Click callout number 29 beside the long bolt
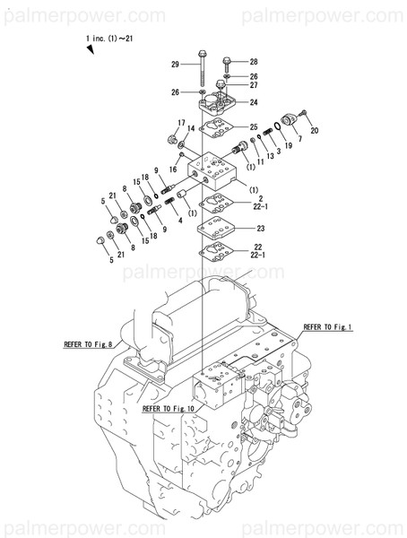[x=175, y=64]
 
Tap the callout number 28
[x=253, y=61]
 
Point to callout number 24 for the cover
[x=254, y=103]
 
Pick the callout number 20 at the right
[x=313, y=131]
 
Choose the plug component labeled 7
[x=290, y=121]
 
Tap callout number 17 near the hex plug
[x=181, y=124]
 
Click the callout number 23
[x=260, y=229]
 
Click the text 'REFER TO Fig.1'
[x=327, y=327]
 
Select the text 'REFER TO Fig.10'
[x=169, y=409]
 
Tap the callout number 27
[x=254, y=85]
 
